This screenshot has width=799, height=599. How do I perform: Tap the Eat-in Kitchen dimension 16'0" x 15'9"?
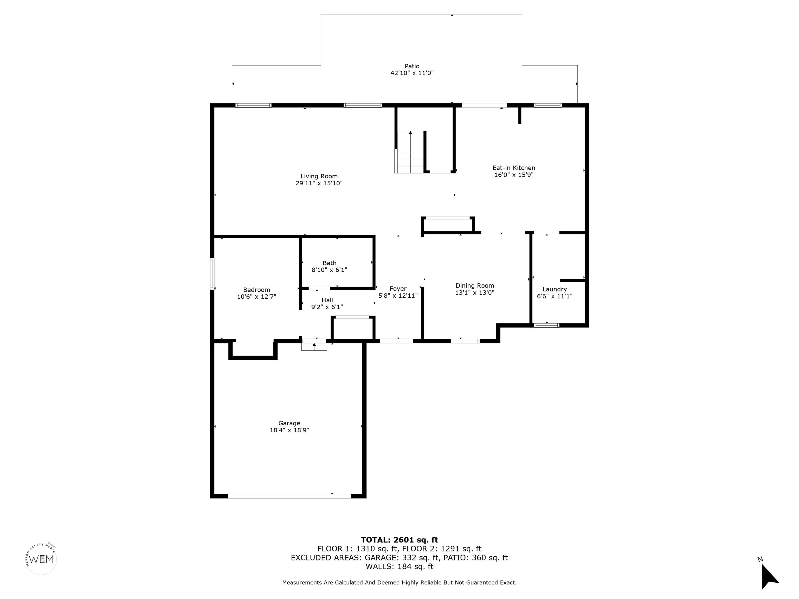(514, 175)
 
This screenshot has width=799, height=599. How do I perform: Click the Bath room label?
(330, 263)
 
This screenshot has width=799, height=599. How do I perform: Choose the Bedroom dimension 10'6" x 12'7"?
(256, 296)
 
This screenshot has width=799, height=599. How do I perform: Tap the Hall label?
(327, 300)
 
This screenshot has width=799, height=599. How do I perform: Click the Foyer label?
(398, 289)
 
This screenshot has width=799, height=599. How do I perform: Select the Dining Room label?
(475, 286)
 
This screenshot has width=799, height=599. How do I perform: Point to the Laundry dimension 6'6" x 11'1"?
(555, 296)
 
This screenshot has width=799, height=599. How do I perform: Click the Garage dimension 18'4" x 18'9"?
(289, 430)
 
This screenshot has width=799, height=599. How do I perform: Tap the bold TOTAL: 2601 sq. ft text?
(399, 540)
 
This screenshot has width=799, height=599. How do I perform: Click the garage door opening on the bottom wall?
(289, 496)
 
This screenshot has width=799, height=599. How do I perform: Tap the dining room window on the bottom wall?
(465, 341)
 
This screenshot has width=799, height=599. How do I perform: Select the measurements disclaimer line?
(399, 582)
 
